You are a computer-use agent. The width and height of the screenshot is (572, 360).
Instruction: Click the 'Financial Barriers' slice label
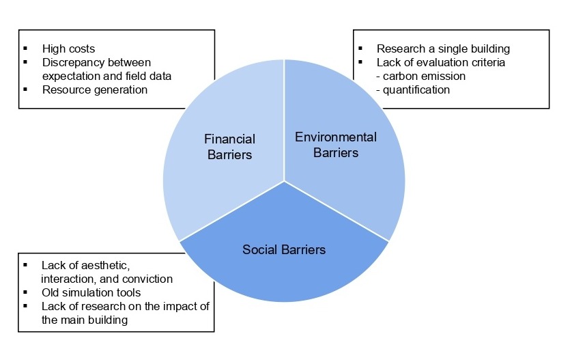point(229,147)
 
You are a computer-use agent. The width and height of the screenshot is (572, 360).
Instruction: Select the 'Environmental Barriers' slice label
point(336,145)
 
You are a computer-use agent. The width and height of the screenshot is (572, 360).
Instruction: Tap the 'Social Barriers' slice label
point(284,249)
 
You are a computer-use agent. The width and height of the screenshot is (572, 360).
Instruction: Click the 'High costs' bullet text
point(68,49)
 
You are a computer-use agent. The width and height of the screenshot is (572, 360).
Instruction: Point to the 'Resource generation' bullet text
point(95,89)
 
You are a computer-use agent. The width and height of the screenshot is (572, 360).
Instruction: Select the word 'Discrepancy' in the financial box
point(72,62)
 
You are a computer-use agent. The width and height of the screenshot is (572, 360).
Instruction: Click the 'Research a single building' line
point(443,49)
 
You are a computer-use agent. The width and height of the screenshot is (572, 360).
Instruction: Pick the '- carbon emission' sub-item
point(421,76)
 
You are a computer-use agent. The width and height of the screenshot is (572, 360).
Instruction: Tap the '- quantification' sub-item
point(413,89)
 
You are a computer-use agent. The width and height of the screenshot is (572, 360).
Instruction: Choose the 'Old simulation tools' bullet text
point(91,292)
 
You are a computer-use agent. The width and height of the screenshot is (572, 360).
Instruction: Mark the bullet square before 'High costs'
point(25,49)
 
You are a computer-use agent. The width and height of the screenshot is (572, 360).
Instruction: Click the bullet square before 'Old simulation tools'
point(25,292)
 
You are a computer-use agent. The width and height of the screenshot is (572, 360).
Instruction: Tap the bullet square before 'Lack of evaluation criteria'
point(360,62)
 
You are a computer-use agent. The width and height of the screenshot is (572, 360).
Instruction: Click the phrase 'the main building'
point(85,320)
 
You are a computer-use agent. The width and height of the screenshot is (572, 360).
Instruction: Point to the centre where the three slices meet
point(284,181)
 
